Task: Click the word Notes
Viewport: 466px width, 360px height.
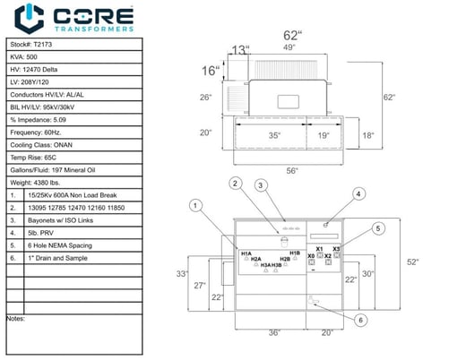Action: tap(15, 318)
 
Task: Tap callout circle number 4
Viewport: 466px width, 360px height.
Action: tap(358, 193)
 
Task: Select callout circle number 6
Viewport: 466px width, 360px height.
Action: tap(359, 320)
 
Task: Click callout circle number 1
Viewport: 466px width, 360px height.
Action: tap(194, 205)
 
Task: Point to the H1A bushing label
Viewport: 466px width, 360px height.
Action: tap(246, 253)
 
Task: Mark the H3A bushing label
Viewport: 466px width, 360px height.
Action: tap(266, 265)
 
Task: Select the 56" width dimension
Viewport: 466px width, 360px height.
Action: tap(292, 169)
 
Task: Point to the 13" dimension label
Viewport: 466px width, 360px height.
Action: tap(239, 50)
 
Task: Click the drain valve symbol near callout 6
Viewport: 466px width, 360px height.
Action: tap(313, 300)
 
